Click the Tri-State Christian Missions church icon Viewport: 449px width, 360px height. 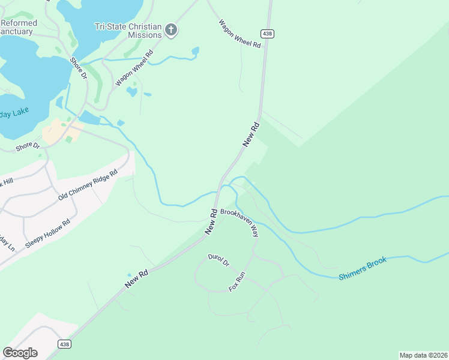click(x=171, y=29)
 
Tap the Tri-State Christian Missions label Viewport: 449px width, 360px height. click(x=128, y=31)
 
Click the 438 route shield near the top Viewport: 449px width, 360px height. click(x=268, y=34)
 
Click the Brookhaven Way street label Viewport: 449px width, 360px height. click(x=239, y=222)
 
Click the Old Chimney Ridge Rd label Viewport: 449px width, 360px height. click(x=88, y=185)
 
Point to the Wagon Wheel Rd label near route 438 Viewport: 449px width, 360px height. click(x=240, y=34)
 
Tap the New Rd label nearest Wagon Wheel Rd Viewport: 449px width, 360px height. click(x=251, y=134)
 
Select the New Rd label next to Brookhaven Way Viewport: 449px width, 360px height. click(x=211, y=221)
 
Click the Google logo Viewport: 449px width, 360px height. click(x=20, y=352)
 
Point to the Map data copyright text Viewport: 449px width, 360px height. click(x=423, y=355)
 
